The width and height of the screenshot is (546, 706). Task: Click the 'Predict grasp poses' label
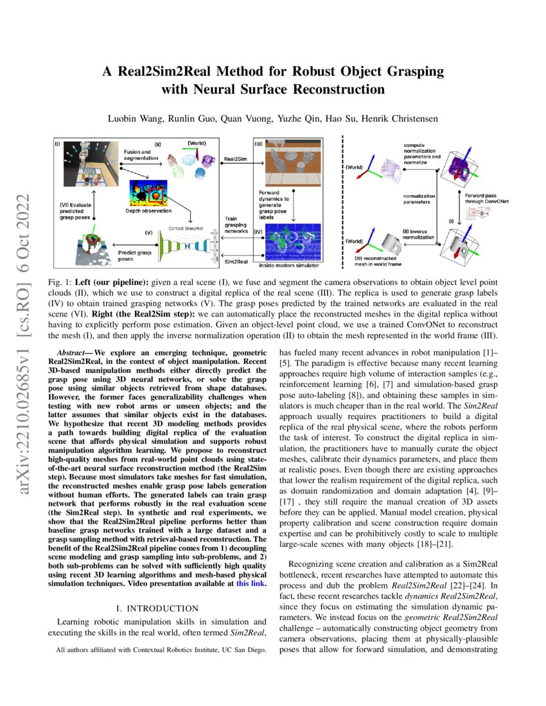tap(135, 256)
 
